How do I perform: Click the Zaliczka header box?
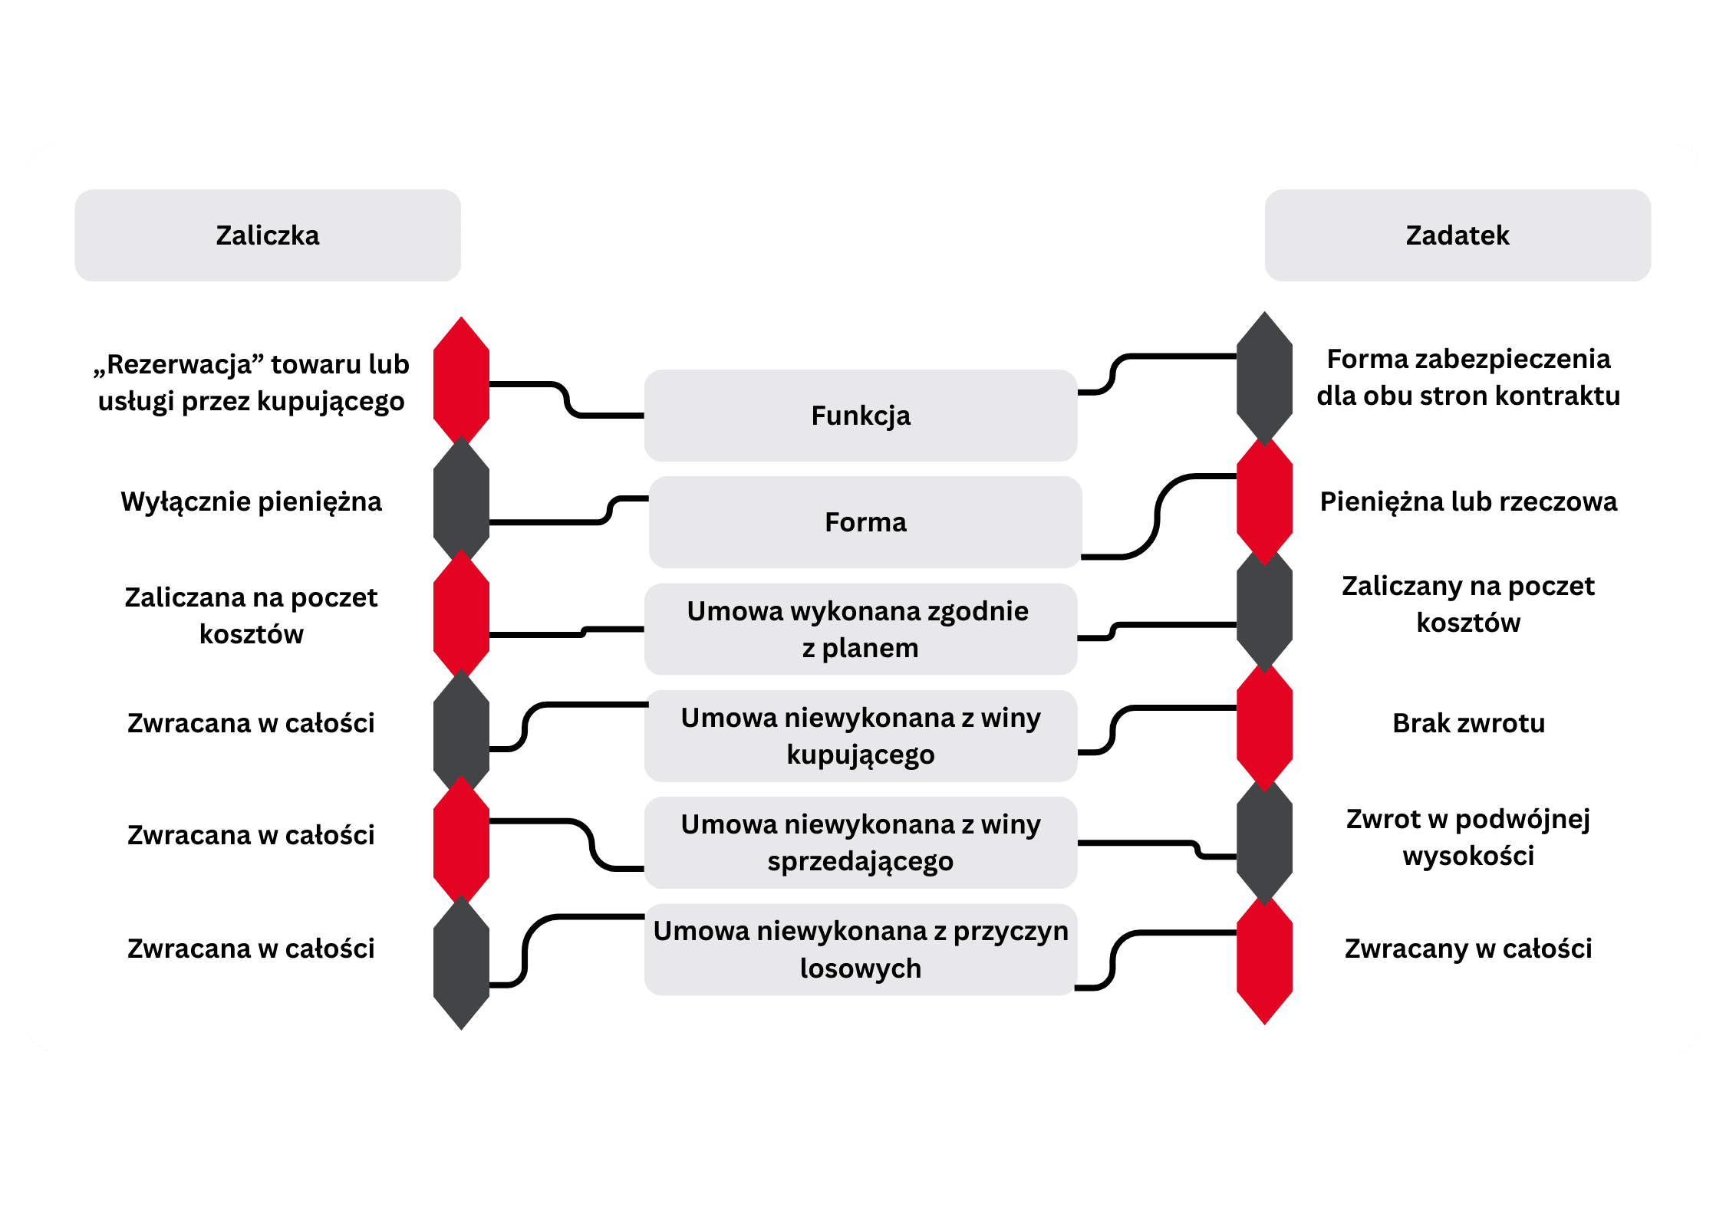(267, 235)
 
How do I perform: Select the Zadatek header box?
(1457, 235)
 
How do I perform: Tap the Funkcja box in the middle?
(860, 416)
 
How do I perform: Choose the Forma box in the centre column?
(865, 522)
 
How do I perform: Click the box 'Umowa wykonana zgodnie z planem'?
(860, 629)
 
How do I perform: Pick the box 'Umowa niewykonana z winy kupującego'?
(860, 736)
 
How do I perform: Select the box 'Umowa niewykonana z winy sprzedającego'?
(860, 843)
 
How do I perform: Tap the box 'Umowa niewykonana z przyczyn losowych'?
(860, 949)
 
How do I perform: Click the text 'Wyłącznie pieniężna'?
(251, 501)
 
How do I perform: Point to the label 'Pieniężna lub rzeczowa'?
(1467, 501)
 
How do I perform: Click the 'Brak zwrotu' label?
(1467, 723)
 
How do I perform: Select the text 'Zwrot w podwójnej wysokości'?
(1467, 837)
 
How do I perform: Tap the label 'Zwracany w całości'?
(1467, 949)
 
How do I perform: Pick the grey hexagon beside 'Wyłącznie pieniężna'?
(461, 500)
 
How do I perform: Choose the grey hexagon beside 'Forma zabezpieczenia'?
(1264, 377)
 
